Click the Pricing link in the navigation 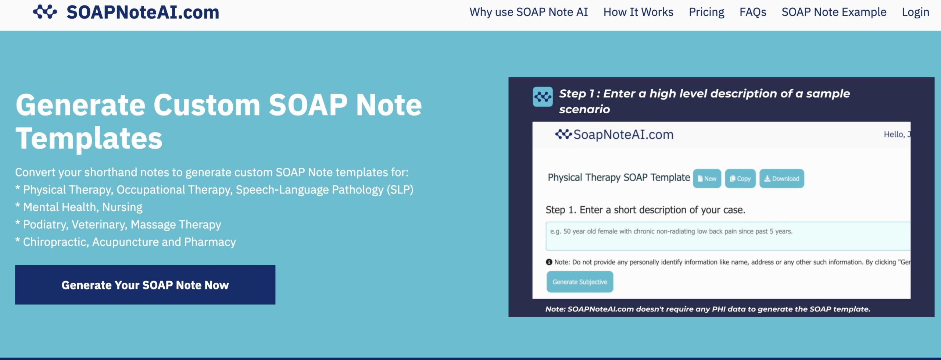coord(706,12)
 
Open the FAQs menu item coord(753,12)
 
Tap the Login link coord(915,12)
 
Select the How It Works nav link coord(638,12)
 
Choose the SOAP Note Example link coord(834,12)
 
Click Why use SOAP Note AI coord(529,12)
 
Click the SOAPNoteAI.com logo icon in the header coord(45,12)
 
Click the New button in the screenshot coord(707,179)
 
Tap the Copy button coord(740,179)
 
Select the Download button coord(781,179)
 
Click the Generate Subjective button coord(580,282)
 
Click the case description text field coord(728,236)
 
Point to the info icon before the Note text coord(549,262)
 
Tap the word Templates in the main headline coord(89,139)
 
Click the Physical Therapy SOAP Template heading coord(619,178)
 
